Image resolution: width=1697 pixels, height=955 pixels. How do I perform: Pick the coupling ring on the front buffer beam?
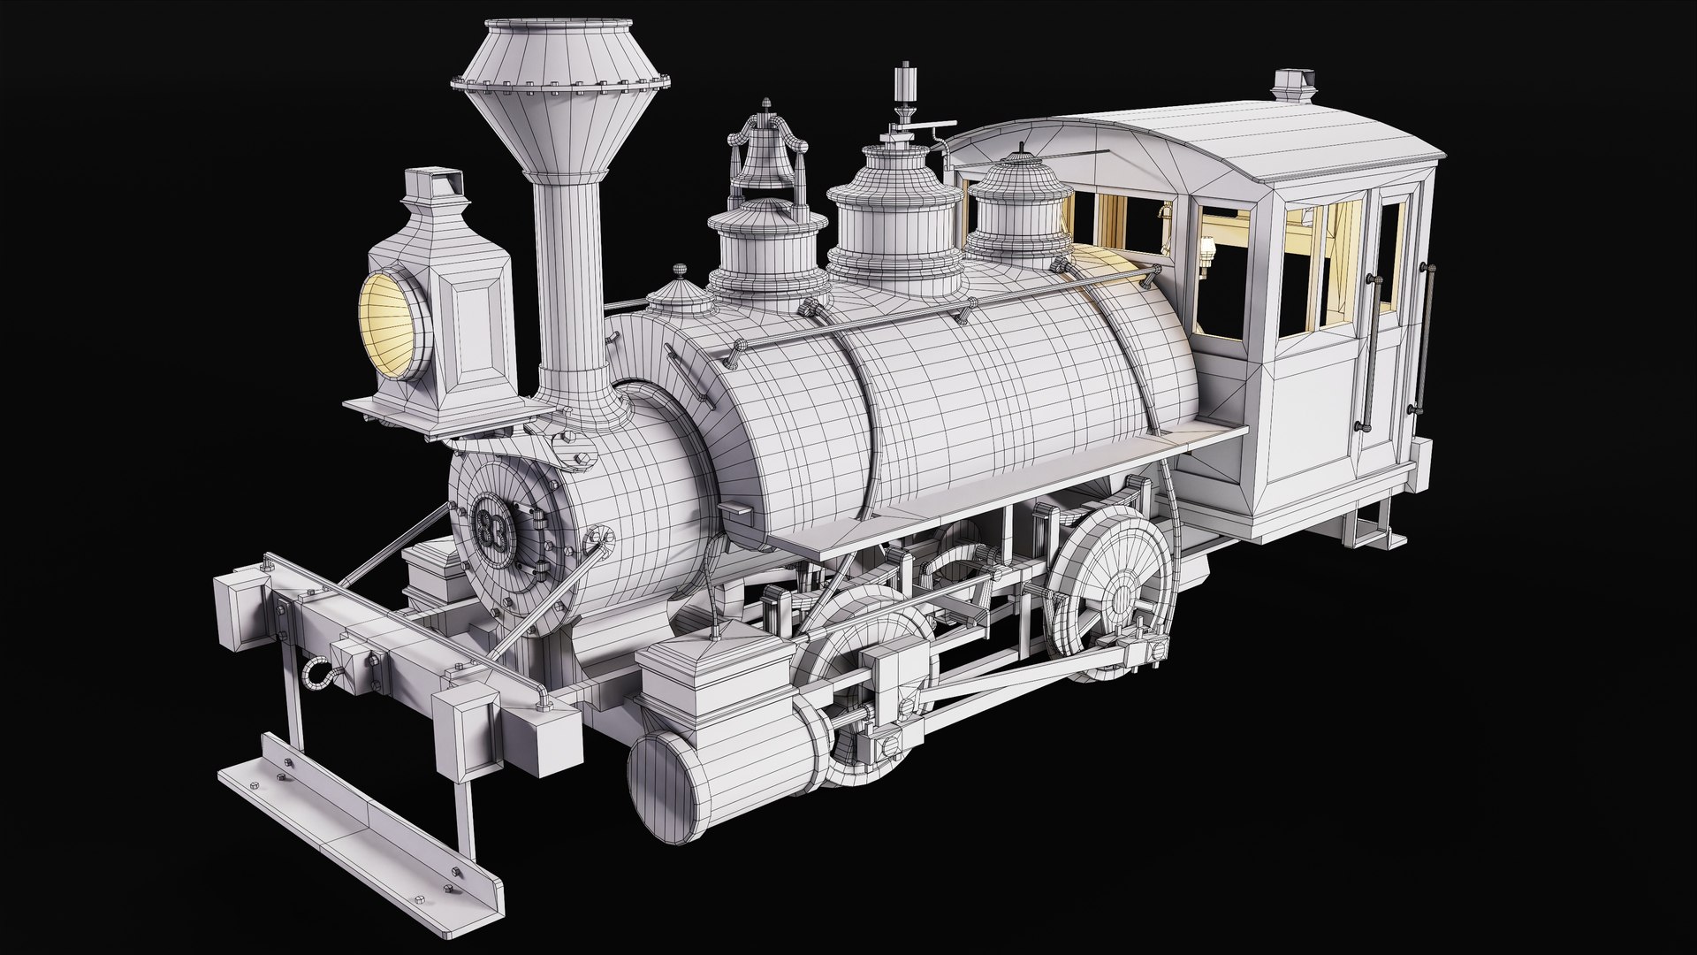(x=316, y=676)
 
